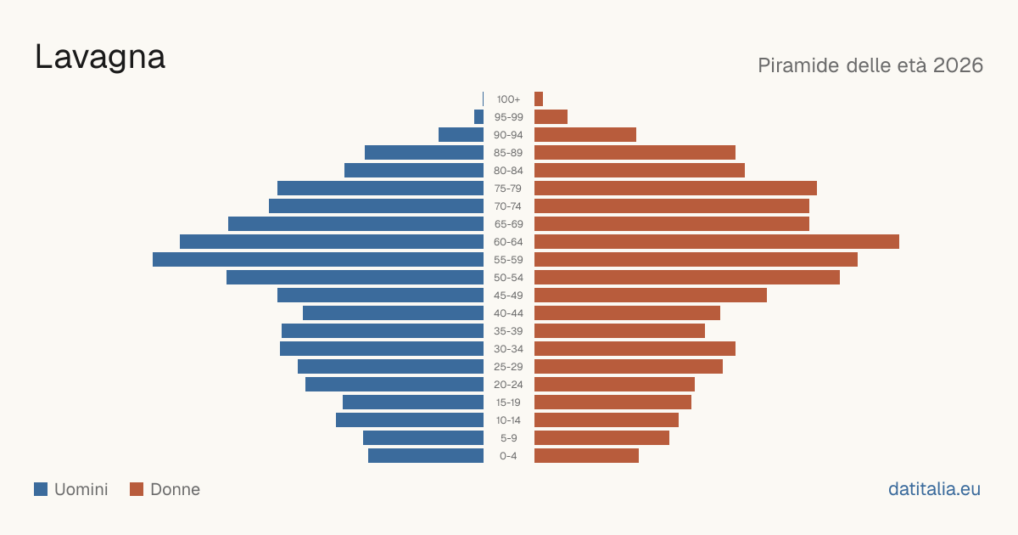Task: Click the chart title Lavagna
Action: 100,58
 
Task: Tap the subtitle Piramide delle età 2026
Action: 870,65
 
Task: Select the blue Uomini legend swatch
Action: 41,489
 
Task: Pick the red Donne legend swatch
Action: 137,489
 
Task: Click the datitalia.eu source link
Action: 934,489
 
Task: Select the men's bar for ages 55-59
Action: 318,259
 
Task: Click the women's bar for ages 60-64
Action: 717,241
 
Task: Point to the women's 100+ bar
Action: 539,99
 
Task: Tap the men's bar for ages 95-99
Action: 478,116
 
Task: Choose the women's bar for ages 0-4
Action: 586,455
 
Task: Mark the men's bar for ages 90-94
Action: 461,135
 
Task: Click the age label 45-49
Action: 508,296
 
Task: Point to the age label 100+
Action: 508,99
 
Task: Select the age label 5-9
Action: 508,438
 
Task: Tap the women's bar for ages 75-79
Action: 675,188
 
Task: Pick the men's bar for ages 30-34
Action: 382,348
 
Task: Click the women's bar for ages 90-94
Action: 585,135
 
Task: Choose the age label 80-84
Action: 508,171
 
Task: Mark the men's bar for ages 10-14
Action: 410,420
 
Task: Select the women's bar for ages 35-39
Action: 619,330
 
